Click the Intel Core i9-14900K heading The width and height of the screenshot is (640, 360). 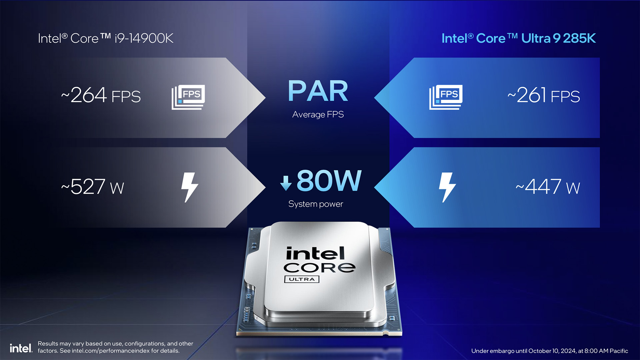tap(106, 38)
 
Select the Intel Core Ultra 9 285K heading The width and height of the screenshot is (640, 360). tap(519, 38)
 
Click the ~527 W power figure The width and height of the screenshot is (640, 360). tap(92, 187)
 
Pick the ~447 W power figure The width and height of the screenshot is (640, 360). tap(548, 187)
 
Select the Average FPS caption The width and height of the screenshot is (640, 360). tap(318, 115)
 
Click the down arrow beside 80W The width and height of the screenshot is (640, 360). tap(286, 183)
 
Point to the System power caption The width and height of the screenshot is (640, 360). tap(316, 204)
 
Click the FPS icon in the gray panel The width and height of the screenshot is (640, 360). tap(188, 97)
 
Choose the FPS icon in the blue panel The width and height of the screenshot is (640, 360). tap(446, 97)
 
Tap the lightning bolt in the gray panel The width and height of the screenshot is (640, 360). tap(189, 187)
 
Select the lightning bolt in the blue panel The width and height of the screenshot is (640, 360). tap(447, 187)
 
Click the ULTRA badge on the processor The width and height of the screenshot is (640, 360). tap(302, 279)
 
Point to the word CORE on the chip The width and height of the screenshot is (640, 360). tap(319, 268)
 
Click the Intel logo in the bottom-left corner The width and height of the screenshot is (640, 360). tap(21, 348)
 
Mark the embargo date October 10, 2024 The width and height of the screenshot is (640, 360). tap(552, 351)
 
